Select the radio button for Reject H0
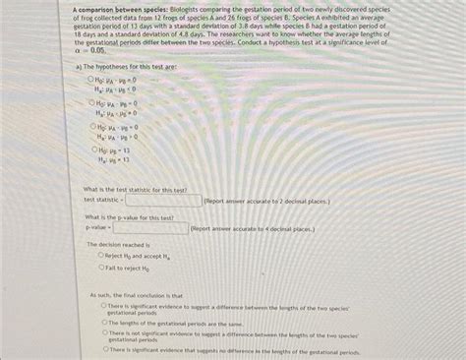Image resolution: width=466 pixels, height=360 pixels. click(x=101, y=255)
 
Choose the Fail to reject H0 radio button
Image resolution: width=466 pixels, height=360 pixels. click(x=101, y=267)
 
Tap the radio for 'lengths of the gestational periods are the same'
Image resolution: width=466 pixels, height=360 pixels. click(x=103, y=323)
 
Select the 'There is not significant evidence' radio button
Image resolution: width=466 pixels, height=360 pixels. click(x=103, y=333)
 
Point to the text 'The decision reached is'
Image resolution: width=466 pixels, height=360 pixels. click(x=118, y=243)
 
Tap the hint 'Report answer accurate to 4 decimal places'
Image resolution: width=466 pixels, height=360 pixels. click(x=253, y=228)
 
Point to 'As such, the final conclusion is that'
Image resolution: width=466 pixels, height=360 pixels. click(x=136, y=294)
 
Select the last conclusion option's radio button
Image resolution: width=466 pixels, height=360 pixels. click(x=103, y=349)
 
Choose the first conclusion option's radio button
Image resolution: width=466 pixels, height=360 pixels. click(x=103, y=306)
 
